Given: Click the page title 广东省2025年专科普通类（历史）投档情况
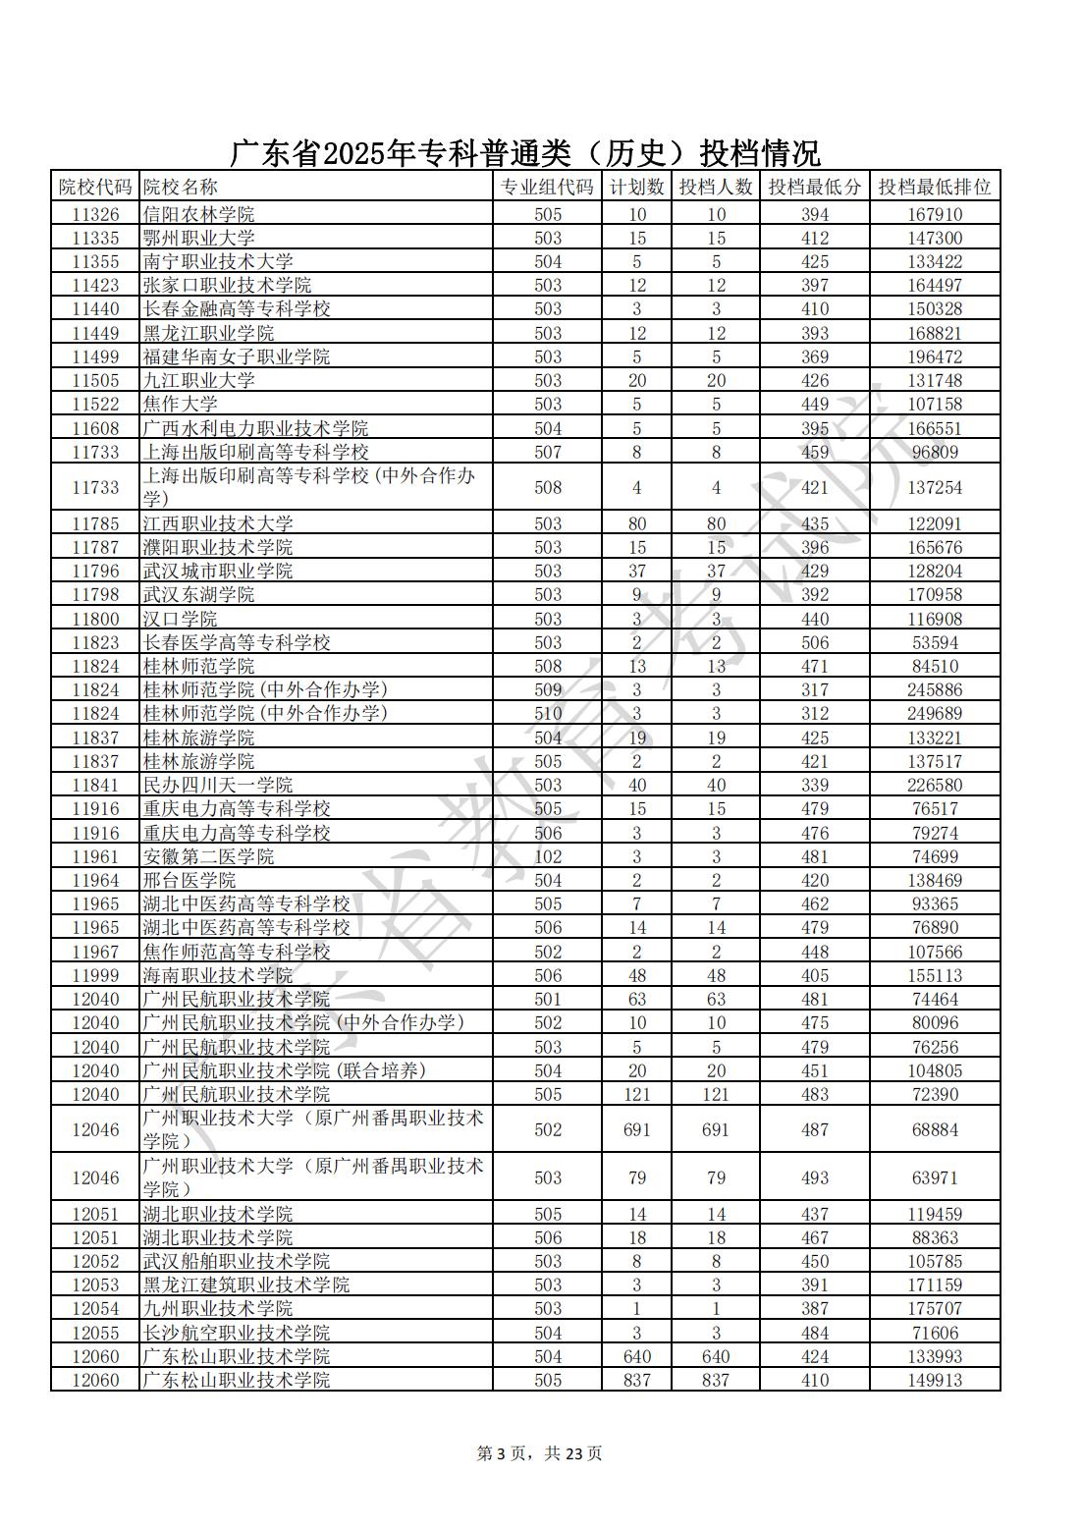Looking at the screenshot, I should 525,153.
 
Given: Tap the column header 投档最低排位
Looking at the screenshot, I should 934,187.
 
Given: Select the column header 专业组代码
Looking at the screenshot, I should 548,187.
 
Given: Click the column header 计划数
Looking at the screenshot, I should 636,187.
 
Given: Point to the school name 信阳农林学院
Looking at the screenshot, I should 198,214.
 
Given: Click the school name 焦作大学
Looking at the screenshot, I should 180,404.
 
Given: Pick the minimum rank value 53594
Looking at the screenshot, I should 934,642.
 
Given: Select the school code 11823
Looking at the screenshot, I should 95,642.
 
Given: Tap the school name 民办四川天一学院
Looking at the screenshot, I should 217,785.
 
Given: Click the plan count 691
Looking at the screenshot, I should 636,1129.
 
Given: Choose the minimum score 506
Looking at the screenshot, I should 814,642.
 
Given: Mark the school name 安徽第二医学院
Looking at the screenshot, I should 208,856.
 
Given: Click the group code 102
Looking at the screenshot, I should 548,856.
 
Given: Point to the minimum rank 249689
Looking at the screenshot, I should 934,714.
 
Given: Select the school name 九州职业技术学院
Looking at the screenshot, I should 217,1308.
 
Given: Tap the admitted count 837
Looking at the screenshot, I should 716,1380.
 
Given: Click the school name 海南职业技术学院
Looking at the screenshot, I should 217,975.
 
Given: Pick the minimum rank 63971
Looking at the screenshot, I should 934,1177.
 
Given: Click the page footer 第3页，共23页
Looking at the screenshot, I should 539,1453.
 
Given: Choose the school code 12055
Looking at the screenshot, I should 95,1333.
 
